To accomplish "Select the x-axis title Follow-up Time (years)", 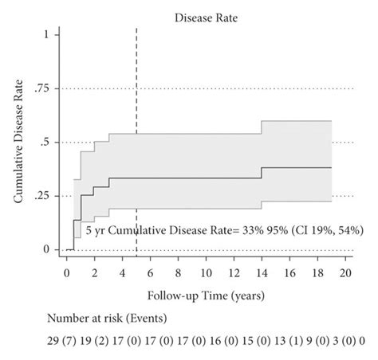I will [206, 294].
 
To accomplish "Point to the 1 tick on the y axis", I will [48, 34].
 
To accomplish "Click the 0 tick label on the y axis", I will [47, 249].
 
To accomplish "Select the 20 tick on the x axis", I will [345, 272].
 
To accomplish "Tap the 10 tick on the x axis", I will [206, 272].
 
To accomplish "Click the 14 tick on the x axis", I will [262, 272].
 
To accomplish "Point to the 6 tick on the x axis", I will [151, 272].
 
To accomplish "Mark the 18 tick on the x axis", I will [317, 272].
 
